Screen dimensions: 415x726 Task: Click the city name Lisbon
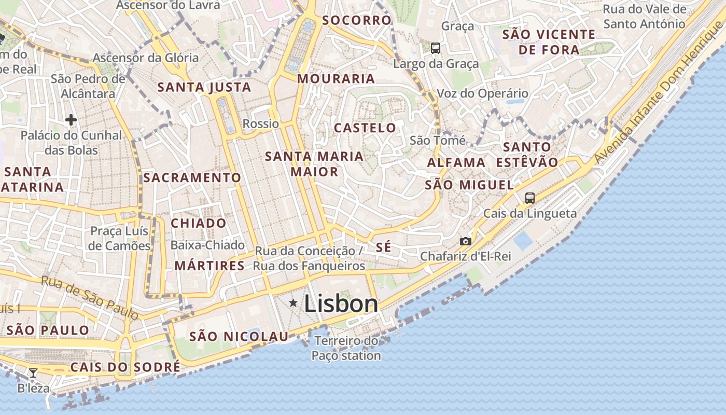point(341,303)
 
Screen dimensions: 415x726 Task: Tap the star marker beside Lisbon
point(293,302)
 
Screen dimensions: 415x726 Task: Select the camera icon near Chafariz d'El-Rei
point(466,241)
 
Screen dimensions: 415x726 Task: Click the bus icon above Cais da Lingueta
point(529,198)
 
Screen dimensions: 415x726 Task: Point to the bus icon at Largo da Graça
point(436,48)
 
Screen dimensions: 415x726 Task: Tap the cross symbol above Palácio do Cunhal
point(71,120)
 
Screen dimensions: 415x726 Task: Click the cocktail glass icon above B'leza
point(33,372)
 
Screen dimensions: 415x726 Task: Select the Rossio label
point(260,123)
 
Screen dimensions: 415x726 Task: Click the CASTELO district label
point(365,128)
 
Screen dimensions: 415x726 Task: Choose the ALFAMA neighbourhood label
point(456,162)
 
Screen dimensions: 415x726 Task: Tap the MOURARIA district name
point(336,79)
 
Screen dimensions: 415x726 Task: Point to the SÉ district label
point(383,247)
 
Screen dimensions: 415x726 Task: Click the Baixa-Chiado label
point(207,245)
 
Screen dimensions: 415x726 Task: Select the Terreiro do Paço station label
point(347,348)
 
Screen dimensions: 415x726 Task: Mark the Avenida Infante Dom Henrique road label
point(659,93)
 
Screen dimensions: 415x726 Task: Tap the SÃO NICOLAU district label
point(239,337)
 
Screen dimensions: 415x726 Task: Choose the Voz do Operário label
point(483,93)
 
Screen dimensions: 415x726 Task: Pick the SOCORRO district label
point(356,20)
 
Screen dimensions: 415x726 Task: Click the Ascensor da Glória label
point(145,58)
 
